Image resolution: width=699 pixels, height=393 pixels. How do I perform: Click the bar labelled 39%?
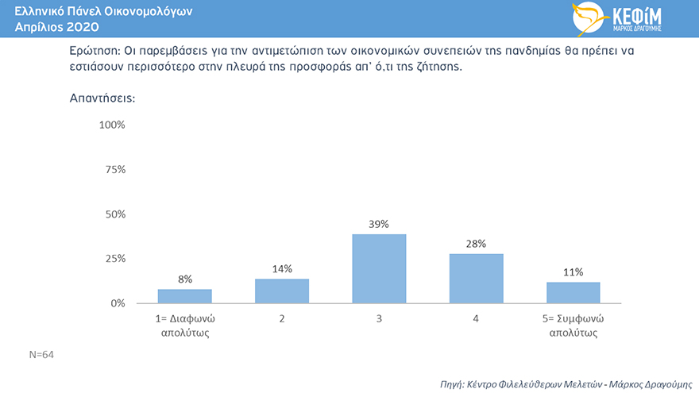point(379,268)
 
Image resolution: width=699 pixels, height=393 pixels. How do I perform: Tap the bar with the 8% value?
point(184,295)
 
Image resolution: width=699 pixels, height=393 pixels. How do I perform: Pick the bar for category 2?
point(282,291)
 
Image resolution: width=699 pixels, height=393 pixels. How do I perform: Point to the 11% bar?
point(573,292)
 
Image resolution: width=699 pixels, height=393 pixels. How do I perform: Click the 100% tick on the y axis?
point(112,125)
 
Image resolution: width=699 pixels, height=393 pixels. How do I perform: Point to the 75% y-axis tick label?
point(115,169)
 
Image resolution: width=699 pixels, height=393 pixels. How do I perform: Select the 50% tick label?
point(115,214)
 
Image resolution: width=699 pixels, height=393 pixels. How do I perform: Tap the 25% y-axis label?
point(115,259)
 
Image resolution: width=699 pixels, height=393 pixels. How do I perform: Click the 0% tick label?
point(118,303)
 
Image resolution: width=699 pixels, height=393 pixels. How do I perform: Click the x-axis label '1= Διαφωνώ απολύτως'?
point(184,326)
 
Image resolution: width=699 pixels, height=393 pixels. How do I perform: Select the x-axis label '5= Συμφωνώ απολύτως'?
point(573,326)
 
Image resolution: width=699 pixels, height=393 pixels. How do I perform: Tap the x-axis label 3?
point(379,318)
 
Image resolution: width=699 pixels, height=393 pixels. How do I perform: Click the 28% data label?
point(476,243)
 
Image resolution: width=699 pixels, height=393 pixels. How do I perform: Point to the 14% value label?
point(282,268)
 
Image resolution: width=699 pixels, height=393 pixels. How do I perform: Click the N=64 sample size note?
point(41,354)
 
